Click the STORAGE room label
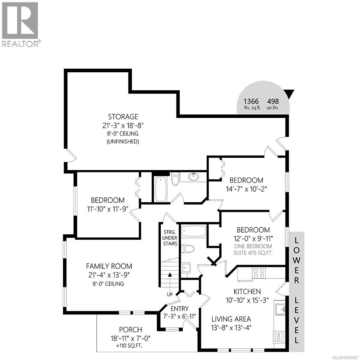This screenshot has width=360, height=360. (x=123, y=116)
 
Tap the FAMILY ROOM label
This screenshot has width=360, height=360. (x=109, y=266)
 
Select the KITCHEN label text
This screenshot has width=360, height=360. (x=247, y=291)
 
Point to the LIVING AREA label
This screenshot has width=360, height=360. (x=231, y=319)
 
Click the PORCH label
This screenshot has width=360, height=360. (x=130, y=330)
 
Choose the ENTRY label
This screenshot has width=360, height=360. (x=179, y=309)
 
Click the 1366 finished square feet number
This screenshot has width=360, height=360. (x=251, y=101)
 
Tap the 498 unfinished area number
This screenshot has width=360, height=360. (x=273, y=101)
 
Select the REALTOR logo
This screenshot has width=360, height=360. (x=20, y=24)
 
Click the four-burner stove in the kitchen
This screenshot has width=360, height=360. (x=259, y=273)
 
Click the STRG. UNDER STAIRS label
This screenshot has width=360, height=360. (x=170, y=238)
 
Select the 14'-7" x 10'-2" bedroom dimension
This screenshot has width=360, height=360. (x=246, y=189)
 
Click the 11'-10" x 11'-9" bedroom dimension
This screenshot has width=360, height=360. (x=108, y=209)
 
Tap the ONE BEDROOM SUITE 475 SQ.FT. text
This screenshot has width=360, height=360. (x=253, y=249)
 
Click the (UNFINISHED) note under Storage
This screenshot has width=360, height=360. (x=123, y=142)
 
